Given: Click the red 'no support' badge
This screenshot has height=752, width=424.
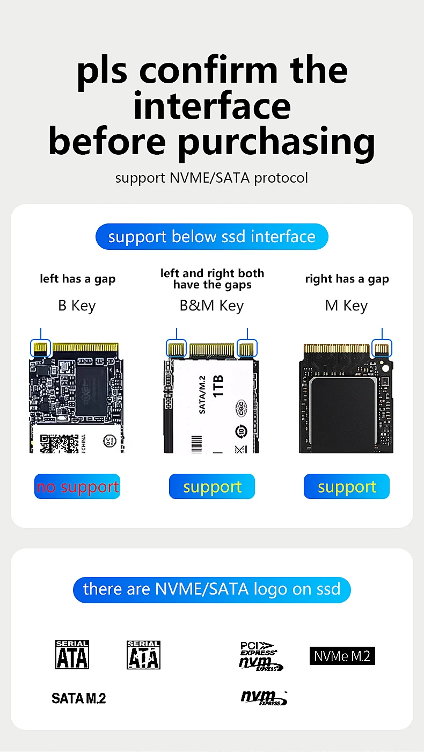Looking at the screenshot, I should pos(77,487).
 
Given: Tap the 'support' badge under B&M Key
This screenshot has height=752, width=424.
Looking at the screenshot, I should pos(212,487).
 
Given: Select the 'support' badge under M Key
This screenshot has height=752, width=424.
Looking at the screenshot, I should pos(347,487).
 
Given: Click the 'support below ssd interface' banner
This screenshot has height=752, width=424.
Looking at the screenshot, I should pos(211,237).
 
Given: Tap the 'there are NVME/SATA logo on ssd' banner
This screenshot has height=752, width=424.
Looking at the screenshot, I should pos(211,589).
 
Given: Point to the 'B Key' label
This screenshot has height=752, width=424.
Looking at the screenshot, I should pos(77,306).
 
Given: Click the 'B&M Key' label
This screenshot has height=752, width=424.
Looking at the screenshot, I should pos(211,306).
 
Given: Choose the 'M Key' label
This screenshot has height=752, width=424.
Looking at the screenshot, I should pos(346,306).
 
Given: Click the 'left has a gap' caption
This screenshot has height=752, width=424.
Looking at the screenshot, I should pos(77,279).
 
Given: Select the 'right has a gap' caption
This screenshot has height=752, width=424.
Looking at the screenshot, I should pos(347,279).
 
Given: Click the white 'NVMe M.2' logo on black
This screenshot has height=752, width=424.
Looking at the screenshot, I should pos(342,656).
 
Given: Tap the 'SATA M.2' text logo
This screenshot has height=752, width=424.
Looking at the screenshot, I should pos(79,698).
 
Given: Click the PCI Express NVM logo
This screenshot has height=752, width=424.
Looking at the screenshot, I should pos(260,656).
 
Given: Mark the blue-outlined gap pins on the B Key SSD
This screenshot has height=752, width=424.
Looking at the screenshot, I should pos(41,348).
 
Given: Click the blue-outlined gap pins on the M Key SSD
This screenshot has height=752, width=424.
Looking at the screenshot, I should pos(382,348).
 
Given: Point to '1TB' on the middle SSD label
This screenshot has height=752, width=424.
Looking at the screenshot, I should pos(219,386).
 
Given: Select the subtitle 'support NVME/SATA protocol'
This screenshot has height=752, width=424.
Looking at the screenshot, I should pos(211,178).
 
